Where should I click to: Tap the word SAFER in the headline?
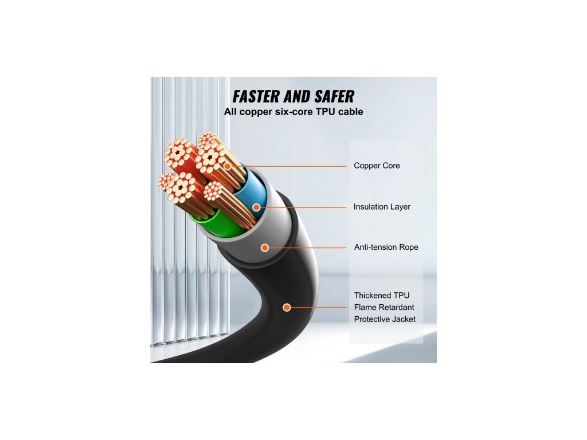point(332,96)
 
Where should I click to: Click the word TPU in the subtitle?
point(326,112)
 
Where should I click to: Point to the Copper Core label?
point(377,166)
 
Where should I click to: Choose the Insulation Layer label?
point(382,207)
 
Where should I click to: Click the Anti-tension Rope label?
point(386,247)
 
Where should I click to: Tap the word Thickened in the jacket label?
point(373,295)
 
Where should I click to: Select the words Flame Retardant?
point(383,307)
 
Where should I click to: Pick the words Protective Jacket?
point(385,319)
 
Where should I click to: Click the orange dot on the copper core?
point(228,166)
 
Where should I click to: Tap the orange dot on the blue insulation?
point(256,207)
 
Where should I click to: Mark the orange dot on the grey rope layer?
point(265,247)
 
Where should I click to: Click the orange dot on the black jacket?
point(287,308)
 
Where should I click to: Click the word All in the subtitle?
point(230,112)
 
